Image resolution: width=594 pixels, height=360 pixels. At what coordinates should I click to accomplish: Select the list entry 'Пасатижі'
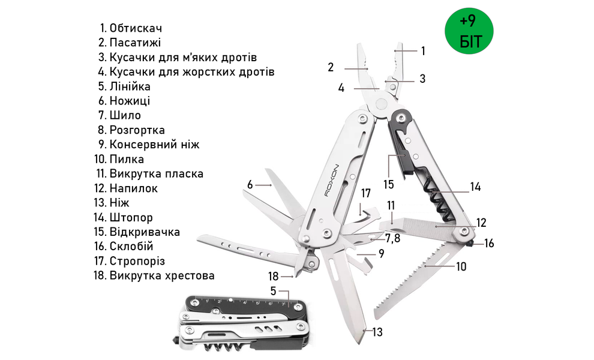pos(135,43)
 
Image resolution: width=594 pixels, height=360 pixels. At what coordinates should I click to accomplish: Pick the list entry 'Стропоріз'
pos(137,261)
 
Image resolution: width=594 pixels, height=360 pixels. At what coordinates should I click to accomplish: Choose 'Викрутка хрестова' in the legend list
pos(161,276)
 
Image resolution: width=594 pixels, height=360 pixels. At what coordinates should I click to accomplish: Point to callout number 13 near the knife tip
pos(377,332)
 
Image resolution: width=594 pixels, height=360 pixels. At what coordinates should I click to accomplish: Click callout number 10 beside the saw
pos(460,267)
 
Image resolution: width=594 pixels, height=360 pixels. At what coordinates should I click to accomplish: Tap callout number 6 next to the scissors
pos(250,184)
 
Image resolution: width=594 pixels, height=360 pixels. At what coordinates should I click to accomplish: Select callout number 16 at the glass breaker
pos(489,244)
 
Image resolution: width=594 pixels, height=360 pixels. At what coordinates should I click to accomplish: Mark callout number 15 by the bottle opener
pos(389,184)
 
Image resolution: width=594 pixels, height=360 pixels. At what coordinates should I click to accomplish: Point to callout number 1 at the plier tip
pos(423,51)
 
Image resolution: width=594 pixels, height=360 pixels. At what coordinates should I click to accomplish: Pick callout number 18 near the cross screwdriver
pos(274,276)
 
